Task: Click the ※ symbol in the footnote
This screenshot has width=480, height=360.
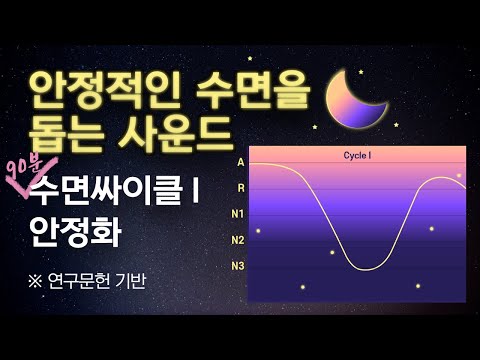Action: [38, 281]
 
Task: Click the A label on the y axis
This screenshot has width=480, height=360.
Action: [240, 161]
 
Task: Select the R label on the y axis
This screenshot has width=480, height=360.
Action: [240, 187]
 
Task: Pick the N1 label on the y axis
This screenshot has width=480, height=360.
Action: [238, 213]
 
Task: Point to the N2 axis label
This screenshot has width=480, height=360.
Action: [238, 239]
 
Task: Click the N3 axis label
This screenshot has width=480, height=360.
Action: [238, 265]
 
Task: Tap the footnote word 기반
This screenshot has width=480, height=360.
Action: [133, 281]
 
